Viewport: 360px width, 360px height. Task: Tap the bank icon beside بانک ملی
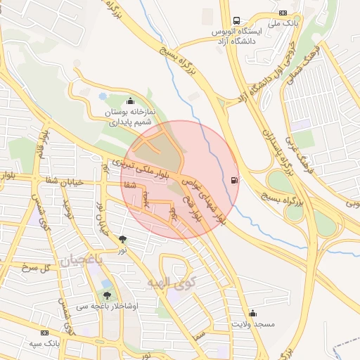pos(283,12)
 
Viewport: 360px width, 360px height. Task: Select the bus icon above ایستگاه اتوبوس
pos(236,20)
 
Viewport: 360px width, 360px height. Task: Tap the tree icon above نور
pos(123,239)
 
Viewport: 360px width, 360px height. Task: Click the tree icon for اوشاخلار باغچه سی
pos(107,295)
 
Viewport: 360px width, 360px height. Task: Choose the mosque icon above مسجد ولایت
pos(252,313)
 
